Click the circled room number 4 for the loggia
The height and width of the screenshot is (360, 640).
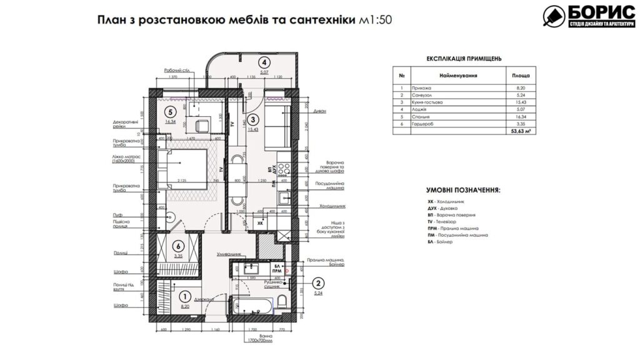click(265, 62)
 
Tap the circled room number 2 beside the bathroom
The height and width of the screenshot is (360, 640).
click(317, 282)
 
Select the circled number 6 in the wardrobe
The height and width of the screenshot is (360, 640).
click(177, 246)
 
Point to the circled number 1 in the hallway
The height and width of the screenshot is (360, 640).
click(184, 297)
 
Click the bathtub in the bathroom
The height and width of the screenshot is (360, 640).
click(252, 307)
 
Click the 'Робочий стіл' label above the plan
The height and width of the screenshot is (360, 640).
click(177, 70)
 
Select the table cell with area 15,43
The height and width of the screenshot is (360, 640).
click(517, 101)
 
